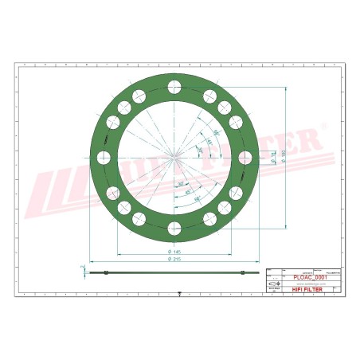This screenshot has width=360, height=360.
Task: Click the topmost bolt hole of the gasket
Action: (x=174, y=86)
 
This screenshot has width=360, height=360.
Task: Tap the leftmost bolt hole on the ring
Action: (x=103, y=158)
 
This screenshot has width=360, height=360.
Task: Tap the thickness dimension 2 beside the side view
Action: (x=82, y=267)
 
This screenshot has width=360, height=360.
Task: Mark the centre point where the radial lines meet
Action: (x=174, y=158)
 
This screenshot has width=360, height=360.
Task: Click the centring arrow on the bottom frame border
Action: (x=180, y=295)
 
